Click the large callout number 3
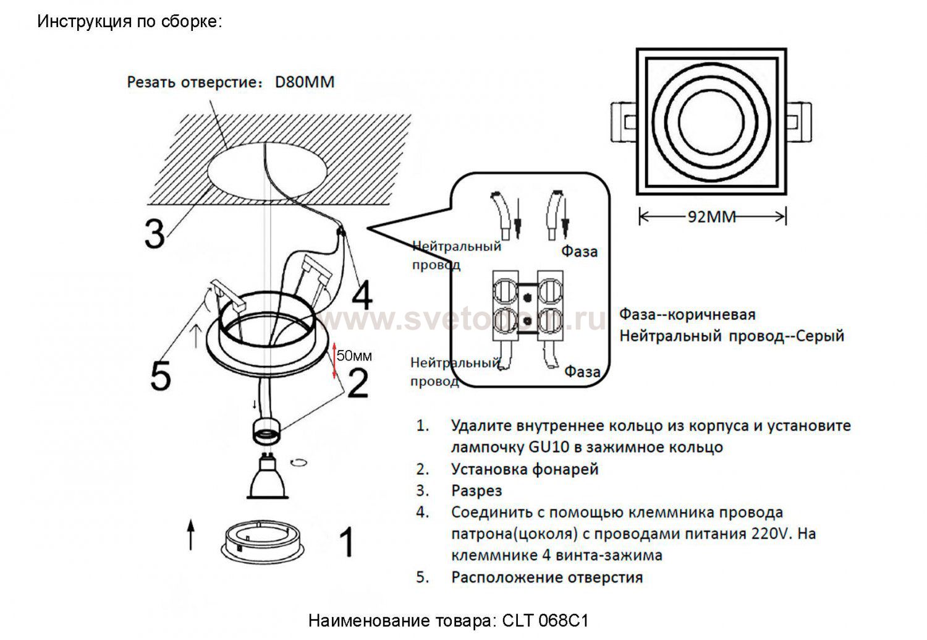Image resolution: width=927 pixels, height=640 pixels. pos(154,234)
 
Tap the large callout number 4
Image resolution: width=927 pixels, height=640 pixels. pos(361,295)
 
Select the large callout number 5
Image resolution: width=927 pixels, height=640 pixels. pos(161,375)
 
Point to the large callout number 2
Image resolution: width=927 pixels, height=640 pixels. pos(358,383)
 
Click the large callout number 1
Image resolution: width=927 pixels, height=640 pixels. pos(347,542)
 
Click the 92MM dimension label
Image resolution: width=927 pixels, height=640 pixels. pos(711,216)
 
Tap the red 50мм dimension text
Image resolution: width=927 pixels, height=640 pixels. pos(355,356)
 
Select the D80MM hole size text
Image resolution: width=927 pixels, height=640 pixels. pos(304,82)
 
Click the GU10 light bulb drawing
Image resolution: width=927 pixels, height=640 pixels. pos(268,478)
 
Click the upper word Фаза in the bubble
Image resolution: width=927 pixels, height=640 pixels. pos(579,252)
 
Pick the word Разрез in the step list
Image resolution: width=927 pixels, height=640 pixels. pos(476,491)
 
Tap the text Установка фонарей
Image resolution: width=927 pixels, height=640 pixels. pos(525,469)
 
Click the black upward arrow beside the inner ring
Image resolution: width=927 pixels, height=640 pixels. pos(191,535)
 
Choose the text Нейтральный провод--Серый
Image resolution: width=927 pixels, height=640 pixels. pos(732,336)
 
